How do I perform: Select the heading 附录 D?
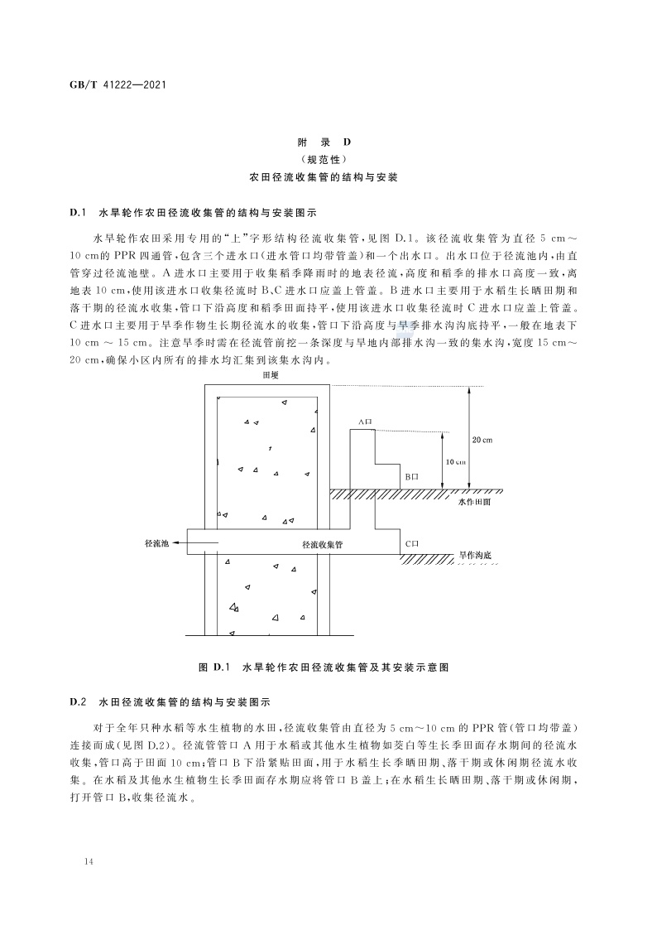point(329,142)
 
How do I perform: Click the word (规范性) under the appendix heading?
point(329,159)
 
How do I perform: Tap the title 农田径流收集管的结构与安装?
point(329,177)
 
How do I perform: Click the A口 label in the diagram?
point(365,422)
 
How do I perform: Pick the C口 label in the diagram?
point(413,543)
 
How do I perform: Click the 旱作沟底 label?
point(478,553)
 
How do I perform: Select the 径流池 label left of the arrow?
point(156,543)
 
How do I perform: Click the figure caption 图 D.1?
point(328,666)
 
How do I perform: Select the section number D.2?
point(79,701)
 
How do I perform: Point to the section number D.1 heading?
point(79,213)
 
